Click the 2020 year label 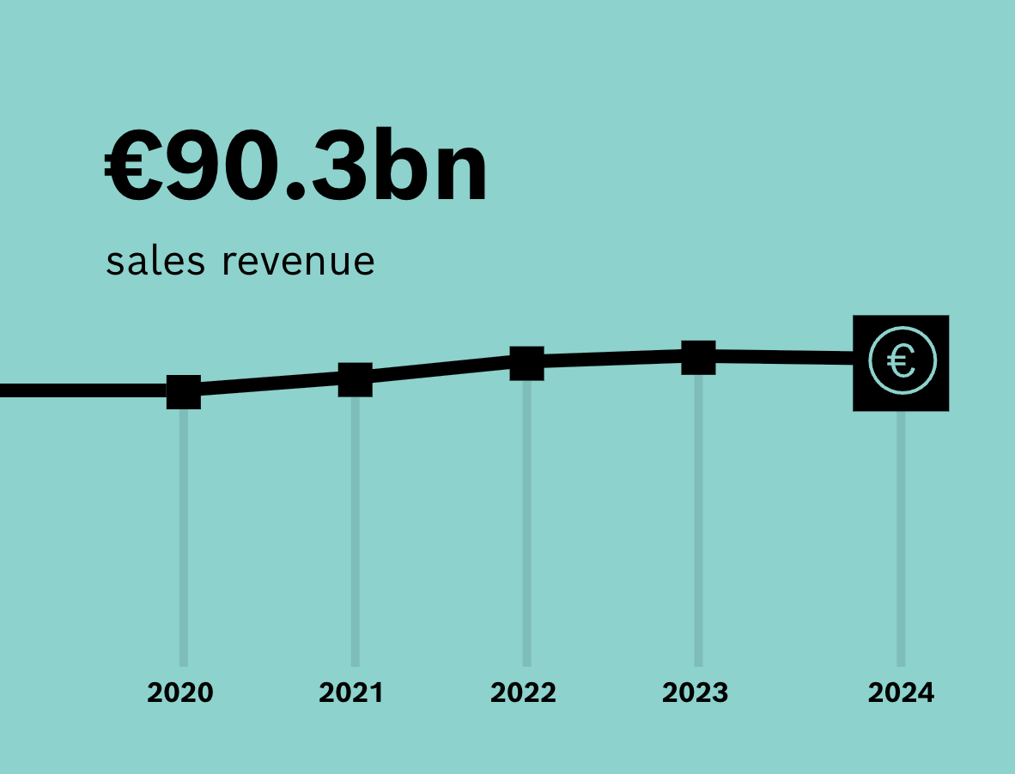(x=180, y=692)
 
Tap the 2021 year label (x=351, y=692)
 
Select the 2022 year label (x=523, y=692)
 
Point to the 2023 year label (x=696, y=692)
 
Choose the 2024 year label (x=901, y=692)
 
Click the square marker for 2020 (x=184, y=392)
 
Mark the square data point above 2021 (x=356, y=379)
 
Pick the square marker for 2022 (x=527, y=363)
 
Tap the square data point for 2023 (x=698, y=358)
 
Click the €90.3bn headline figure (x=295, y=166)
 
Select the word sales (x=155, y=261)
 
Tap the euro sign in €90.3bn (x=133, y=166)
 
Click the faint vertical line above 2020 (x=184, y=537)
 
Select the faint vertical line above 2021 (x=356, y=531)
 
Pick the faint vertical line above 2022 (x=527, y=523)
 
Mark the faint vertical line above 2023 (x=698, y=521)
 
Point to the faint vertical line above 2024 (x=901, y=539)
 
